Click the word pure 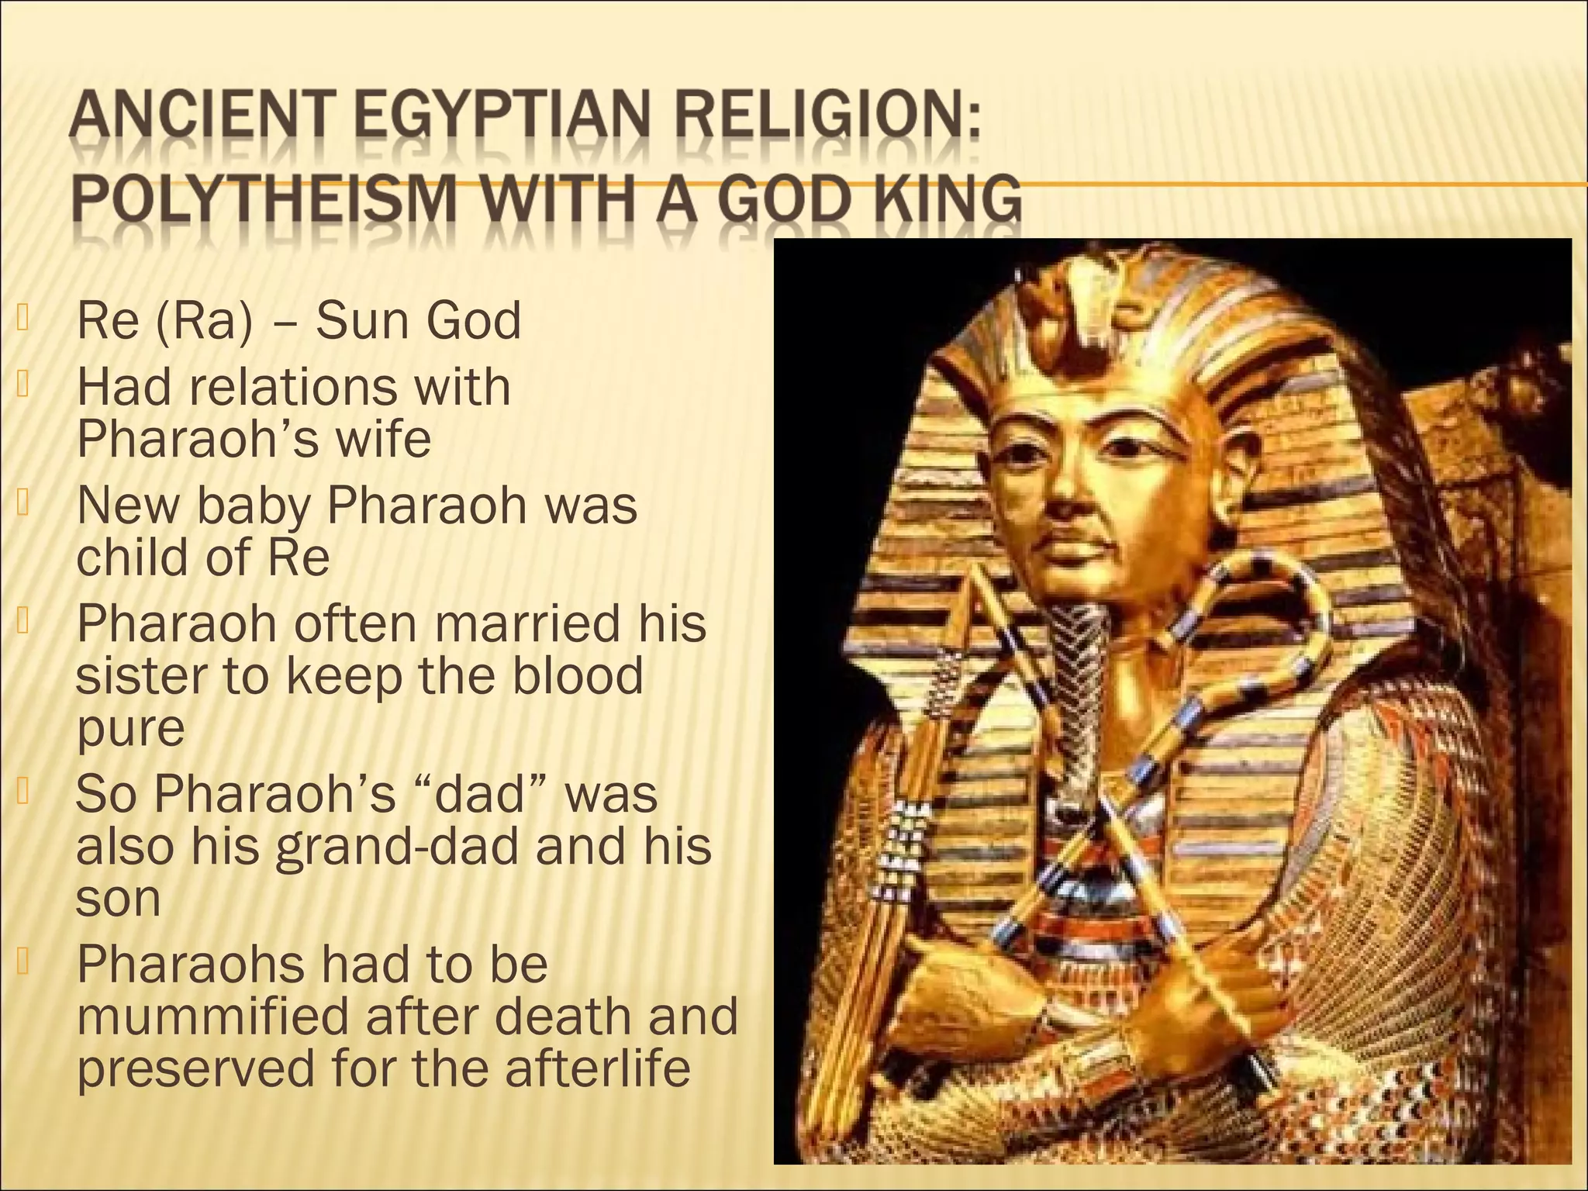click(x=130, y=730)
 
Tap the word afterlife click(x=597, y=1068)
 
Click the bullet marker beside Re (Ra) click(x=22, y=317)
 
